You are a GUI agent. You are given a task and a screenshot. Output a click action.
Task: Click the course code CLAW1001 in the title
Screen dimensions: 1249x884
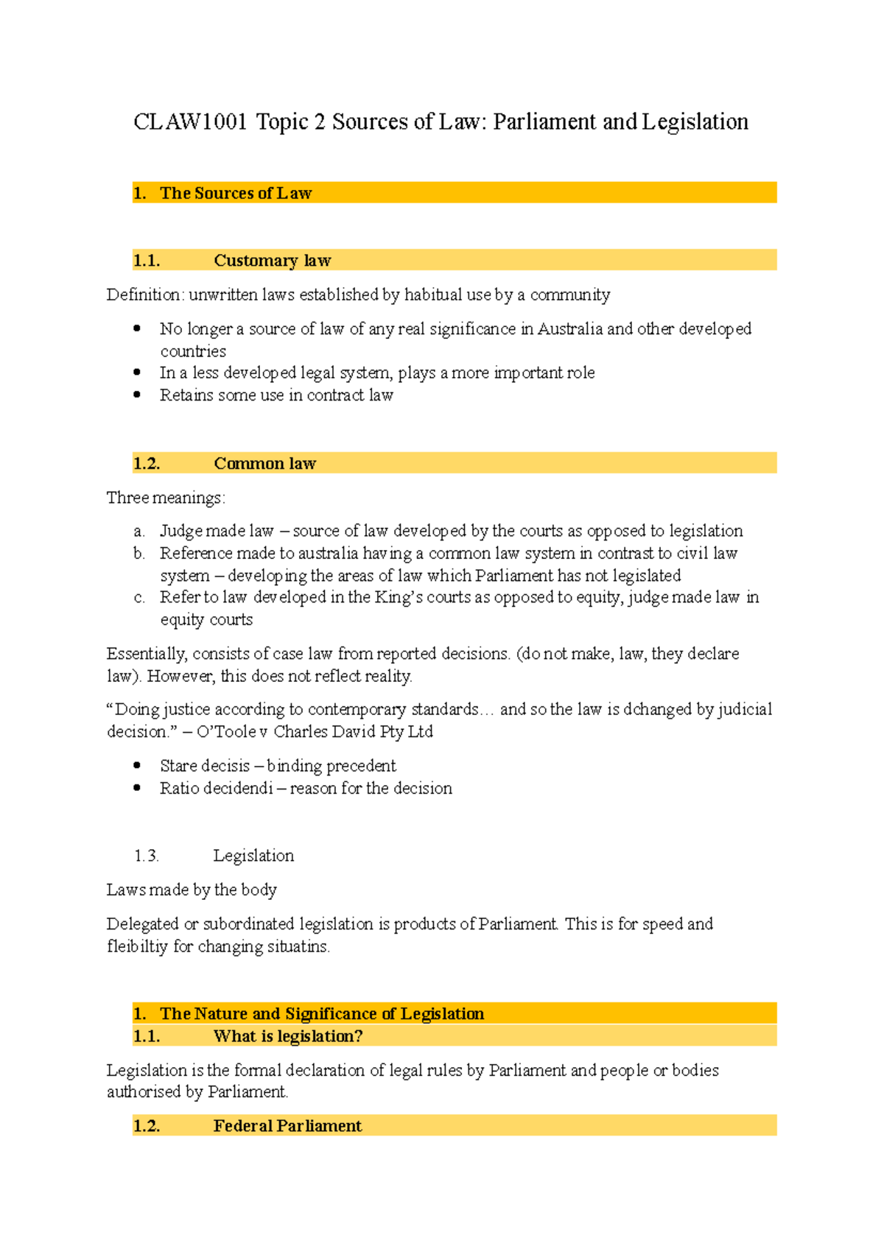(189, 122)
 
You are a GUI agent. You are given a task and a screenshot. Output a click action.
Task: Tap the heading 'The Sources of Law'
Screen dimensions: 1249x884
(236, 193)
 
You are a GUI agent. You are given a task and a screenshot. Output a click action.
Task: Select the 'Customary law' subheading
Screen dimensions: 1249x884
(272, 261)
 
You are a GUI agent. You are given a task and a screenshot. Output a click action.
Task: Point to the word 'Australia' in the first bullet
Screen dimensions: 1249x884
(570, 328)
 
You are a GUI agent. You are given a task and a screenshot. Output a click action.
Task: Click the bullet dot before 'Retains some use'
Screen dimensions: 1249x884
(137, 395)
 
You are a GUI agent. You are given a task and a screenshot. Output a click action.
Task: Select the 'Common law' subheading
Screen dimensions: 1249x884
(264, 463)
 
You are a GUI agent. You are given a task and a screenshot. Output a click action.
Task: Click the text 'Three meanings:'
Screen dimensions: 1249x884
(166, 498)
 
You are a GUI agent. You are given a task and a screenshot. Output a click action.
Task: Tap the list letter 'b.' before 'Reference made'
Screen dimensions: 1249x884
(139, 553)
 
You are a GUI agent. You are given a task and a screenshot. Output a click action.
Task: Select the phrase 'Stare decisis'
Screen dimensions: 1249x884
(205, 766)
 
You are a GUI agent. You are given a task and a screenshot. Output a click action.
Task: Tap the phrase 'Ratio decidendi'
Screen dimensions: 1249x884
(216, 788)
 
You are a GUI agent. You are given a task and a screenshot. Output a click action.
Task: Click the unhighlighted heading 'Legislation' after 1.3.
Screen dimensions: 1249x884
(253, 856)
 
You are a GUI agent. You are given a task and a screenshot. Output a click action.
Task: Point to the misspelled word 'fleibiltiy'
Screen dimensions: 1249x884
(138, 946)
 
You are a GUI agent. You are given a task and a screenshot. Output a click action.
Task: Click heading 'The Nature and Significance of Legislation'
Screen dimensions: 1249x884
(322, 1014)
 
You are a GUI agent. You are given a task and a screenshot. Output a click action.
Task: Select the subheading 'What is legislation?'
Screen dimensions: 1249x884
(288, 1036)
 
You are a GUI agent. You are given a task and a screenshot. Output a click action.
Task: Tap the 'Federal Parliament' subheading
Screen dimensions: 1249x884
(287, 1126)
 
